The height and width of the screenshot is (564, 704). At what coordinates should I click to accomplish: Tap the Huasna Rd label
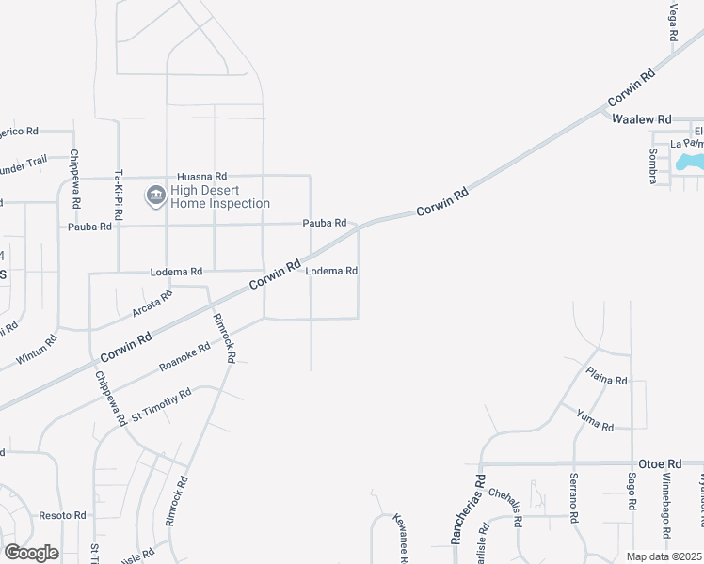(202, 176)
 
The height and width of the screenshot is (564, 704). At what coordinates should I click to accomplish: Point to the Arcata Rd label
(152, 304)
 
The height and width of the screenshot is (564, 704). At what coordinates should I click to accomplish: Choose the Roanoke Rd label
(184, 356)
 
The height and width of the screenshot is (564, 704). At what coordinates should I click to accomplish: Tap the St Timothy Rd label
(161, 404)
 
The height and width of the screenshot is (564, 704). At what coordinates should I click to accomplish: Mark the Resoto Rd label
(62, 516)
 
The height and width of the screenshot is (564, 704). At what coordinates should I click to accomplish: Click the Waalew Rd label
(641, 120)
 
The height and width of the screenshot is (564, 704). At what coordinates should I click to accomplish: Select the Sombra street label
(651, 165)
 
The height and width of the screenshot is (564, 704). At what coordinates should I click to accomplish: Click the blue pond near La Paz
(690, 162)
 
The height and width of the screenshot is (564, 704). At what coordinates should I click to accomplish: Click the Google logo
(31, 553)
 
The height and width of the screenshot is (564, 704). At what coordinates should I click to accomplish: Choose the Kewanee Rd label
(400, 540)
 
